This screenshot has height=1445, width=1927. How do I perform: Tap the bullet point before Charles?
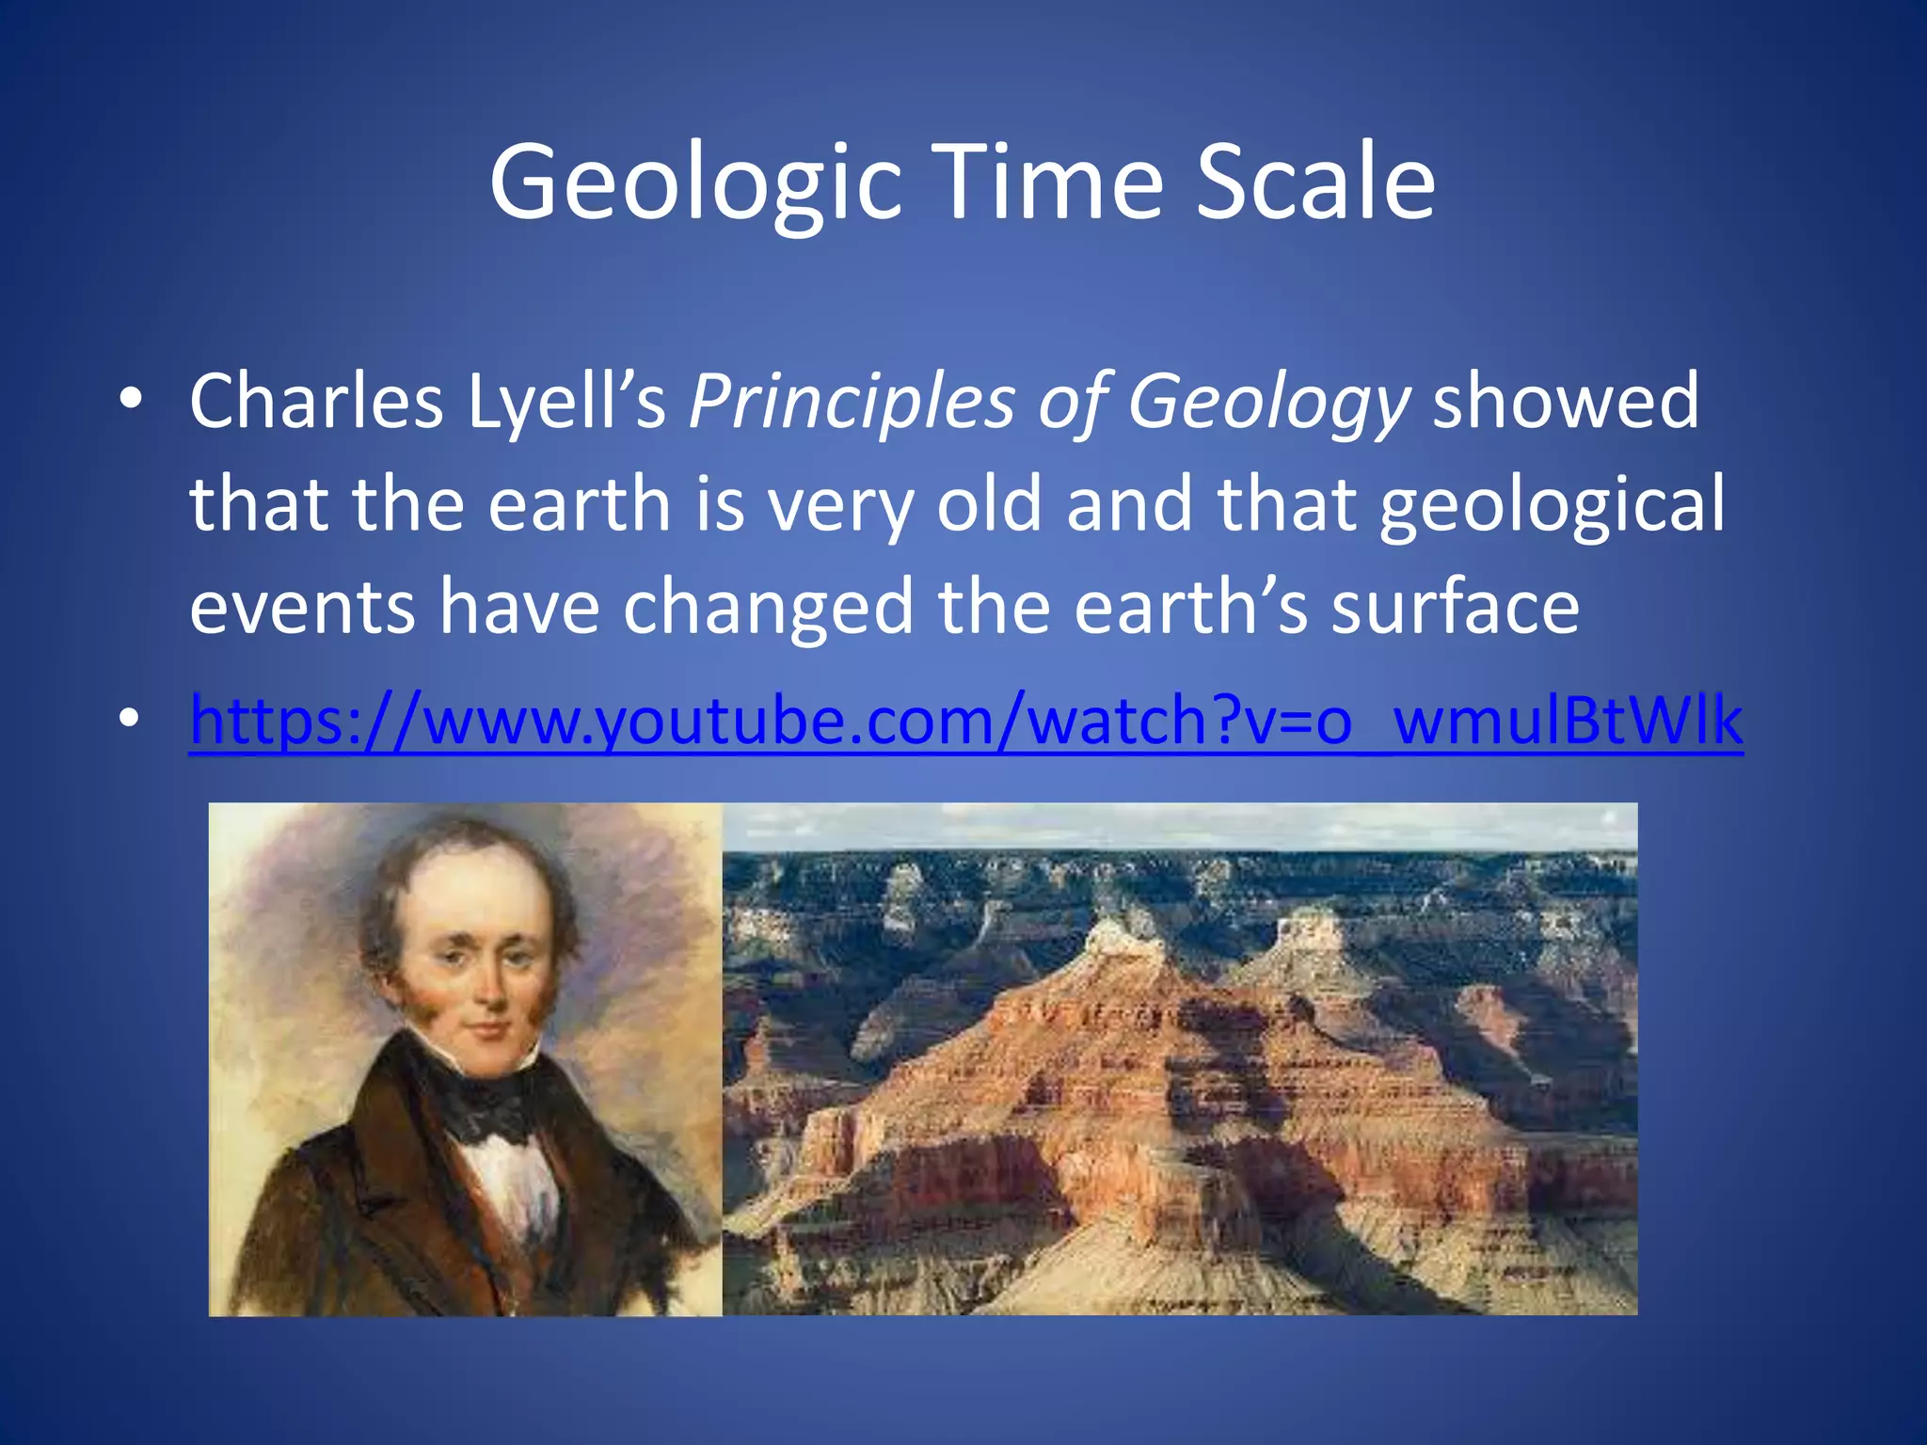131,400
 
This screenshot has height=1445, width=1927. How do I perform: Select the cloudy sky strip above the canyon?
1176,826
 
